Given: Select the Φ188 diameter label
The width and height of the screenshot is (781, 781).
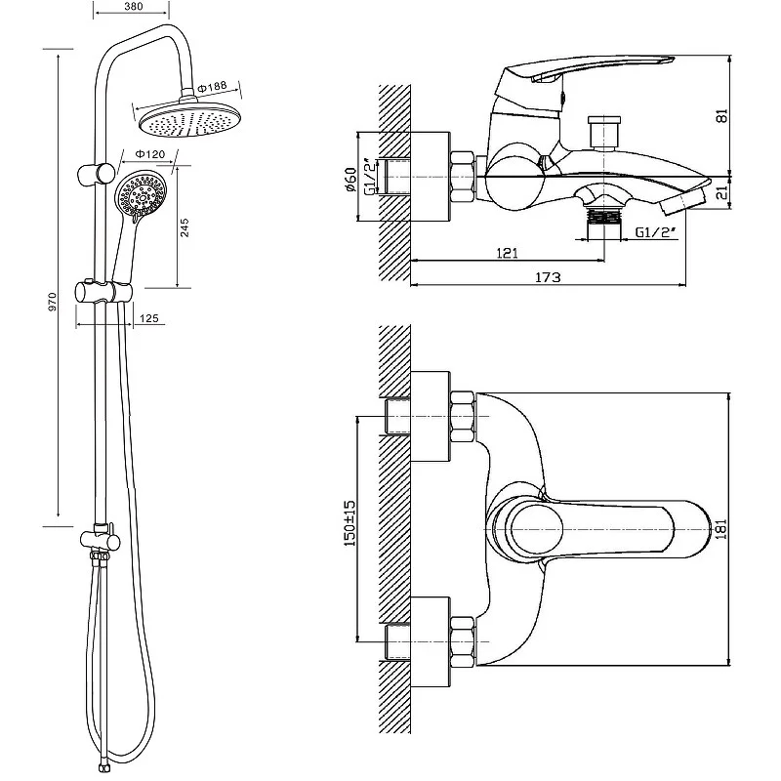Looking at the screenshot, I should click(215, 88).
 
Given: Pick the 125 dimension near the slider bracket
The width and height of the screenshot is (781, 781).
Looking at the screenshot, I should click(149, 318).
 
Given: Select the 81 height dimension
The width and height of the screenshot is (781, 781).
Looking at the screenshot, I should click(748, 115).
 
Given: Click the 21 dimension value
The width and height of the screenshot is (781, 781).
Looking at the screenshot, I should click(748, 192).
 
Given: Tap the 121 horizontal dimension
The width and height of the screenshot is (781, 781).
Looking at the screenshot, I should click(506, 252).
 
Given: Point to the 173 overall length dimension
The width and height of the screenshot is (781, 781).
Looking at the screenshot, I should click(548, 277).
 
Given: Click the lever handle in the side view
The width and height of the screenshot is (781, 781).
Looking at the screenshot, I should click(586, 74).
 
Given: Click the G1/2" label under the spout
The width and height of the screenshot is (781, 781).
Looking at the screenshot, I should click(654, 233).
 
